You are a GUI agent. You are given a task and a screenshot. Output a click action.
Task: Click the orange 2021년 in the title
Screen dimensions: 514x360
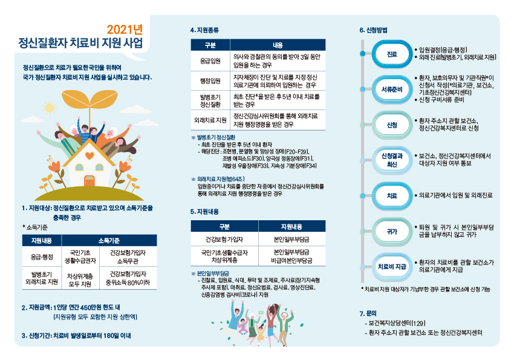pyautogui.click(x=125, y=30)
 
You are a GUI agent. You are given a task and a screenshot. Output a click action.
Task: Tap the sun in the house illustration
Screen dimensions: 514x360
pyautogui.click(x=50, y=108)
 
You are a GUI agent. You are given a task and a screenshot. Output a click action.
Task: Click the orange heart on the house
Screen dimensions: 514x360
pyautogui.click(x=89, y=155)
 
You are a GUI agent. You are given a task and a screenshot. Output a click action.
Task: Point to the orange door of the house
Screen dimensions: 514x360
pyautogui.click(x=89, y=181)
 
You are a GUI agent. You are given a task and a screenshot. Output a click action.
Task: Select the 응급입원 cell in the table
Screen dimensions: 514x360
pyautogui.click(x=210, y=61)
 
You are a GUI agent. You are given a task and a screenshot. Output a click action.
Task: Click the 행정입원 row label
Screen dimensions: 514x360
pyautogui.click(x=210, y=81)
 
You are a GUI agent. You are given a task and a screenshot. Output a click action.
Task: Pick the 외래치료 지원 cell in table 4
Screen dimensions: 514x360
pyautogui.click(x=210, y=120)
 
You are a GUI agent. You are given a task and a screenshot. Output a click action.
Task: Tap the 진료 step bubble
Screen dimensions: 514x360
pyautogui.click(x=392, y=54)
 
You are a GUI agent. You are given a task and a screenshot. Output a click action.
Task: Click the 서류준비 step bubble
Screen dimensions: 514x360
pyautogui.click(x=392, y=89)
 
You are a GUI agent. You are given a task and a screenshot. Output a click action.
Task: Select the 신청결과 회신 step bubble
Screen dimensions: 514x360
pyautogui.click(x=392, y=160)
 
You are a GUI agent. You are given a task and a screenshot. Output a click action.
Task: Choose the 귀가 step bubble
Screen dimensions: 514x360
pyautogui.click(x=392, y=232)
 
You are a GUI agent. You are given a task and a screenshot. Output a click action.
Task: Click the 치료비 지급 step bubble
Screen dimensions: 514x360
pyautogui.click(x=392, y=267)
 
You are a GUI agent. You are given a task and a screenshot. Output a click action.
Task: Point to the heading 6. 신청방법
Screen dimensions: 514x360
pyautogui.click(x=373, y=30)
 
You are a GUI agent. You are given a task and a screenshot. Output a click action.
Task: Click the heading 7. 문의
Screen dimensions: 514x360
pyautogui.click(x=368, y=313)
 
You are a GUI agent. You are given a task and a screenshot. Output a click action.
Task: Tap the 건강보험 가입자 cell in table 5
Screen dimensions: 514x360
pyautogui.click(x=224, y=240)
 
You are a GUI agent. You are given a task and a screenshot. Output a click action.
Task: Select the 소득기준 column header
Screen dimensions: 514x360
pyautogui.click(x=109, y=241)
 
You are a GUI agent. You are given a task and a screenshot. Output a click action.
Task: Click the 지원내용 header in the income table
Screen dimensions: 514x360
pyautogui.click(x=42, y=241)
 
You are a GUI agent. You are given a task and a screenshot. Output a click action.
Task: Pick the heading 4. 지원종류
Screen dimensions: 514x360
pyautogui.click(x=204, y=30)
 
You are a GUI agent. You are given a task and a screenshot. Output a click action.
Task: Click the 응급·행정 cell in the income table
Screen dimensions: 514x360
pyautogui.click(x=42, y=257)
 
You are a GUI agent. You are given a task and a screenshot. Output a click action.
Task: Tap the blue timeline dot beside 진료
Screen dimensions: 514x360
pyautogui.click(x=363, y=53)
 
